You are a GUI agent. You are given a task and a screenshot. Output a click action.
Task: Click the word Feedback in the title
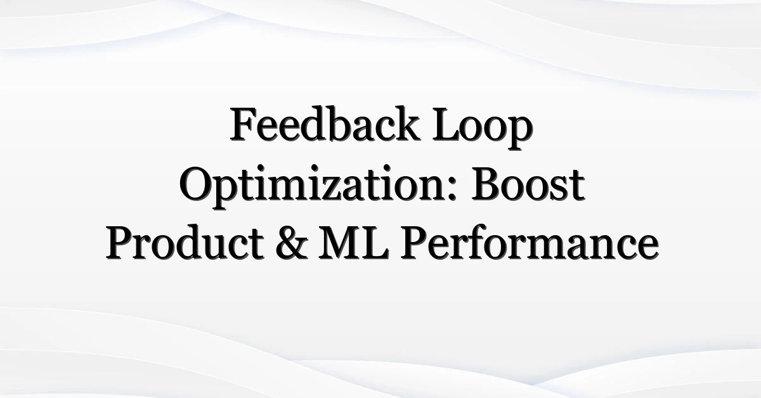click(325, 124)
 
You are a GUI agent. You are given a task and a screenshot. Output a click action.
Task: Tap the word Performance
click(530, 243)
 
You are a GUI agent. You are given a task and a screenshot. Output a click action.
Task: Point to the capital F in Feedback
click(244, 125)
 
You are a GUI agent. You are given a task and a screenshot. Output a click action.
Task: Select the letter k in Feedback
click(405, 124)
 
